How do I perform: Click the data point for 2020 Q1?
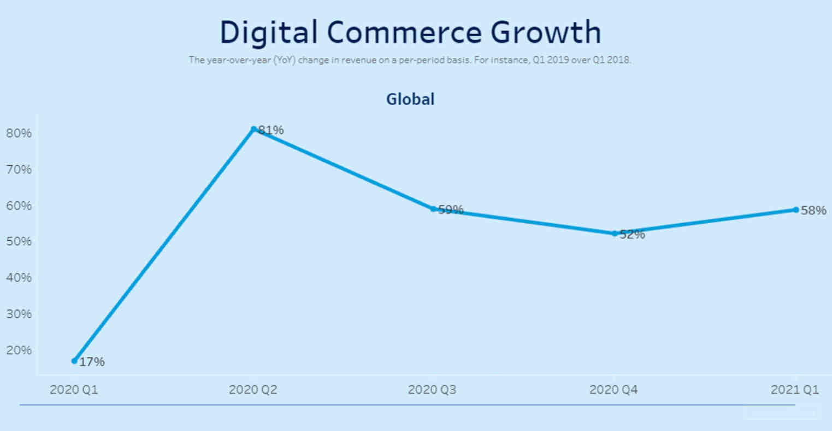[x=74, y=361]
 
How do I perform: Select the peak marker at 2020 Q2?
[x=254, y=130]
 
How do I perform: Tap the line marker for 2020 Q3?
[x=433, y=209]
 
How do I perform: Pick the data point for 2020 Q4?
[x=615, y=234]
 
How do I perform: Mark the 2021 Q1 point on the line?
[x=796, y=209]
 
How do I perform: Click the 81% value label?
[x=271, y=130]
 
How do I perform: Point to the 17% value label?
[x=92, y=362]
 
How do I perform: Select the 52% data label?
[x=632, y=235]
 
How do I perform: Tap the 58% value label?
[x=813, y=211]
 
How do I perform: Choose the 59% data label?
[x=451, y=209]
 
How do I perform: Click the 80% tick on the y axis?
[x=19, y=133]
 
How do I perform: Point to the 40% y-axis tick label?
[x=19, y=278]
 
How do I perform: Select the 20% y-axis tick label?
[x=19, y=350]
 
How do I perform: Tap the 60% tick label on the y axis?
[x=19, y=206]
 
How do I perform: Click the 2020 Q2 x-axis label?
[x=253, y=390]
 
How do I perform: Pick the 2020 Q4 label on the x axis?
[x=613, y=390]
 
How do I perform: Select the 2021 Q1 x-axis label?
[x=795, y=390]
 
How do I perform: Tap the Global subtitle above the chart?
[x=410, y=99]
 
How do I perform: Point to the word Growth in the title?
[x=546, y=33]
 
